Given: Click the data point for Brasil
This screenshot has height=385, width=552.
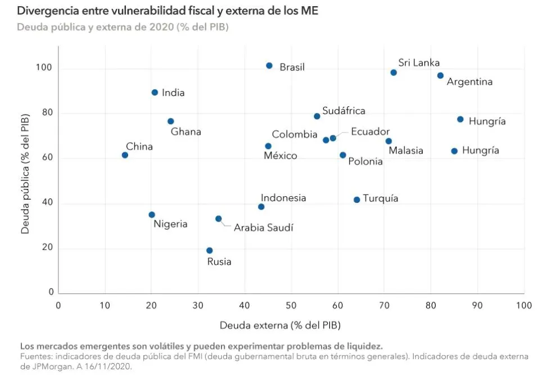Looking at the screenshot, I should click(x=269, y=66).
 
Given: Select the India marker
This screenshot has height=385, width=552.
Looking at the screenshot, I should click(x=155, y=93).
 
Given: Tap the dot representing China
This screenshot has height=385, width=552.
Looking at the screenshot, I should click(x=125, y=155).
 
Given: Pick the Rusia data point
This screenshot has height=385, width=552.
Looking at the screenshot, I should click(x=210, y=251).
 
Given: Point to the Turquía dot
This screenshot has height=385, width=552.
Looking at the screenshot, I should click(x=356, y=200).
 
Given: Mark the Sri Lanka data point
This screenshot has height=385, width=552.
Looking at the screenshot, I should click(x=393, y=73).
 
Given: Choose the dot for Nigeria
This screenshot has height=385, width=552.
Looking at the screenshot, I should click(x=152, y=215).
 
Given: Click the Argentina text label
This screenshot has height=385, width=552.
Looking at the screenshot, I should click(x=469, y=82).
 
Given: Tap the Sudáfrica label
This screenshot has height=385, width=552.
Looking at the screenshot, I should click(x=343, y=111).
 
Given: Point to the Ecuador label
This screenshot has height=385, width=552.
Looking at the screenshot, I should click(x=370, y=132).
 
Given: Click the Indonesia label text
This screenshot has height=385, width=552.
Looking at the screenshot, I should click(x=283, y=198).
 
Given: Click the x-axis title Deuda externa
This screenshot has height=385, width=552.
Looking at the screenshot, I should click(x=280, y=325).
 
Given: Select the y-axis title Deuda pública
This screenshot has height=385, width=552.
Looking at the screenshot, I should click(x=25, y=179).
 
